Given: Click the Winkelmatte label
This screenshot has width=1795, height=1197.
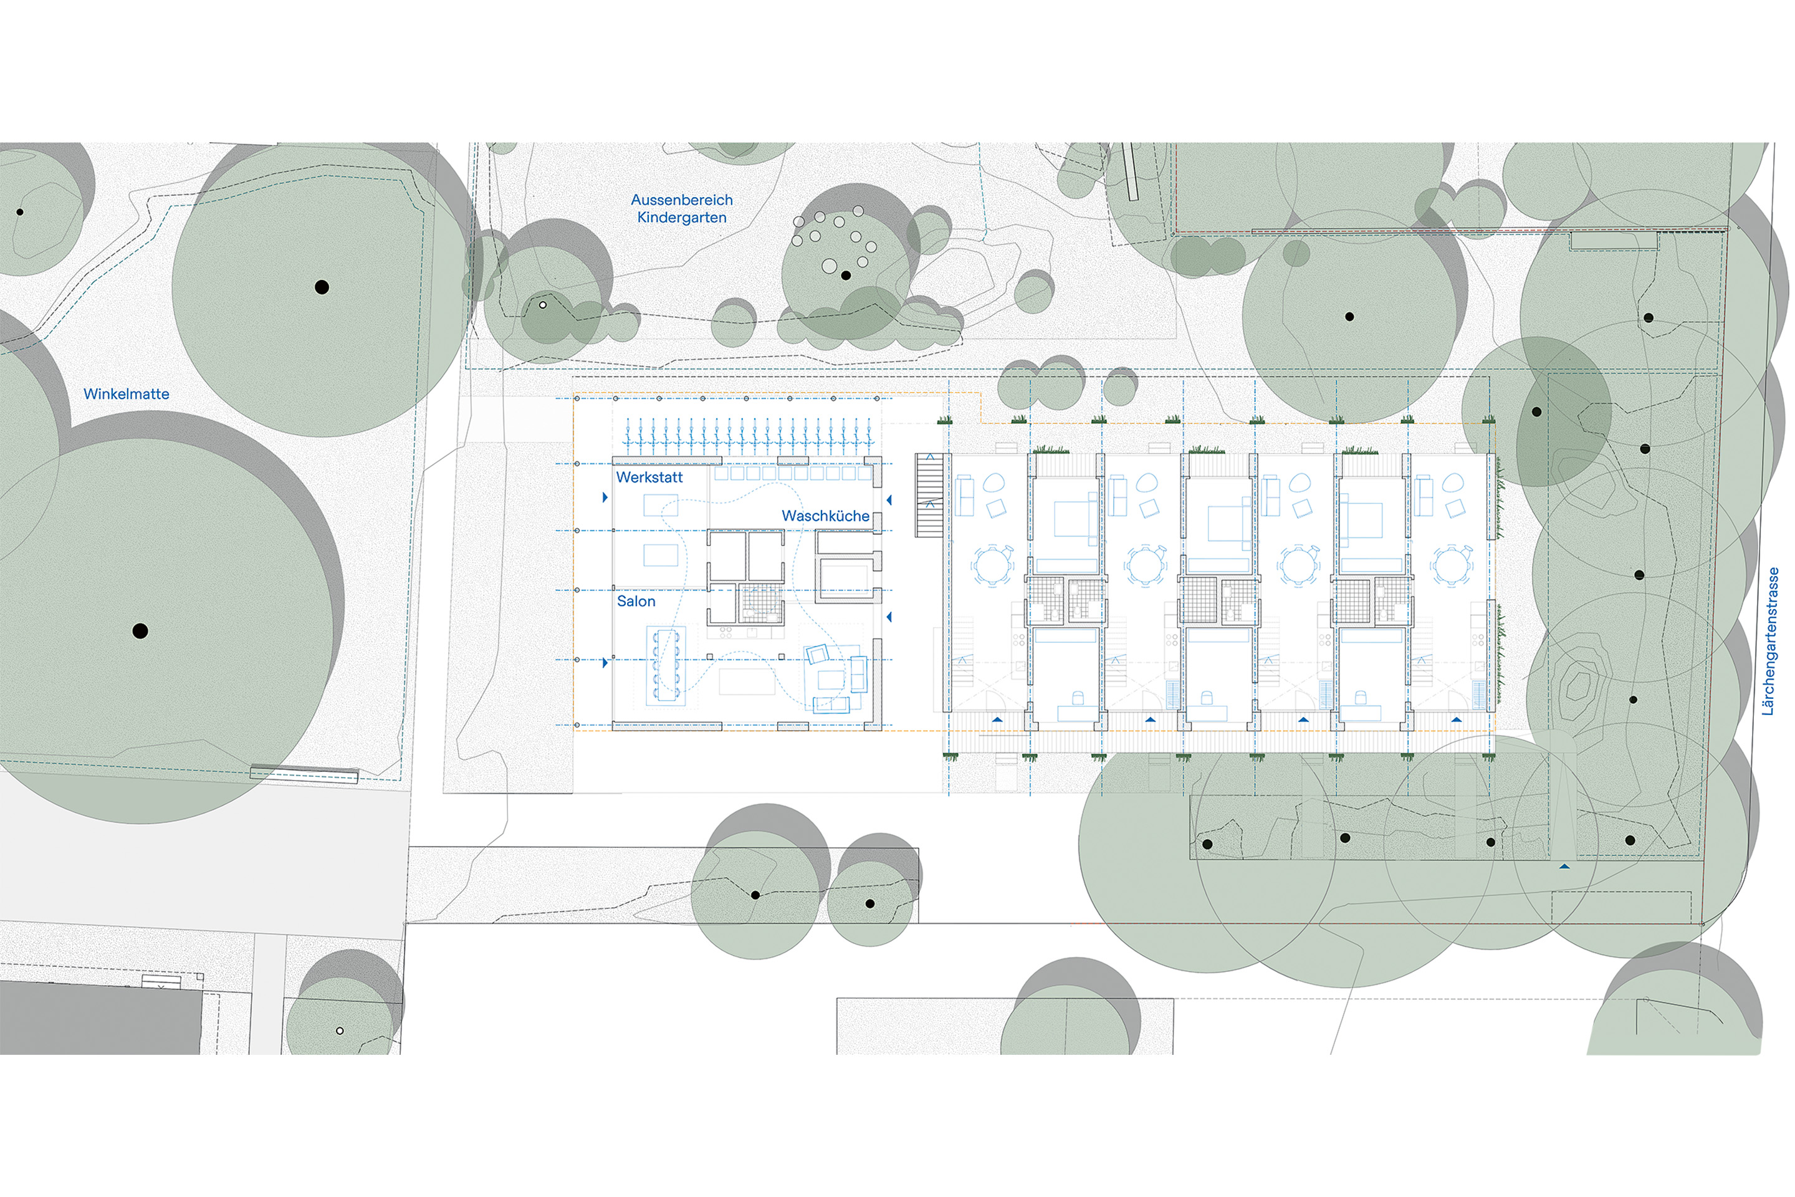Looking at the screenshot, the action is click(127, 394).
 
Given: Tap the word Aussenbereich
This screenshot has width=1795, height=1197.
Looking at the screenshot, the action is click(681, 200).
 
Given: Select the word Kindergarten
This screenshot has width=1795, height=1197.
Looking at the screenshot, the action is click(681, 218).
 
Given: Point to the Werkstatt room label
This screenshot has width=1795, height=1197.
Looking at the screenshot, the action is click(649, 477).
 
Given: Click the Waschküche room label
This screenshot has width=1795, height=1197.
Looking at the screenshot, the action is click(826, 516).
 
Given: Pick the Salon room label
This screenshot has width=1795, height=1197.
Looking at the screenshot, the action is click(636, 602).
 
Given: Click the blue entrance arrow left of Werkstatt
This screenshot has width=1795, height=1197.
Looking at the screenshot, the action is click(605, 498).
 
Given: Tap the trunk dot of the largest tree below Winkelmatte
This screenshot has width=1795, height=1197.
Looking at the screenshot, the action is click(140, 630).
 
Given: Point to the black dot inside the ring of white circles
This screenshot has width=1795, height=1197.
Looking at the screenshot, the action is click(846, 275).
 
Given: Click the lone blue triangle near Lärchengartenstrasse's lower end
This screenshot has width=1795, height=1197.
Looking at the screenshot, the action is click(1564, 867).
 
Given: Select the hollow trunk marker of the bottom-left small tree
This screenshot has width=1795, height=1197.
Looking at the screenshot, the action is click(340, 1031).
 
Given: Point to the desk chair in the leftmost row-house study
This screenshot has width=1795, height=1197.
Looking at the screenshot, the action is click(1077, 697).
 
